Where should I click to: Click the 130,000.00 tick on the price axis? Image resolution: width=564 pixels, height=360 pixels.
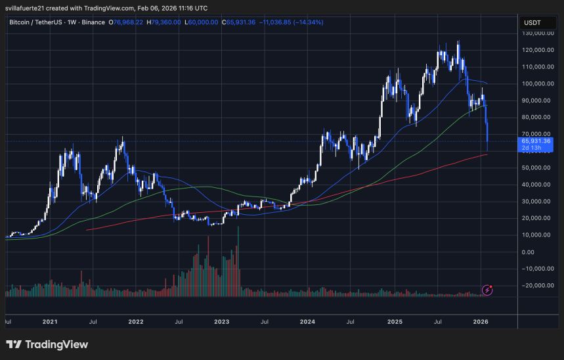point(535,33)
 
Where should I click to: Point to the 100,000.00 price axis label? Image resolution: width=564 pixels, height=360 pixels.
point(535,83)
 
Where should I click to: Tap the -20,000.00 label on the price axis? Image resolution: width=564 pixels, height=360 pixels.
point(535,285)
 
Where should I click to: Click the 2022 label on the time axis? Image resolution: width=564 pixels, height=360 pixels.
point(136,323)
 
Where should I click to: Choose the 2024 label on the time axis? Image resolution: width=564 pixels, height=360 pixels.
point(308,323)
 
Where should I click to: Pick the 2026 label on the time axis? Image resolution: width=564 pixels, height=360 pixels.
point(481,323)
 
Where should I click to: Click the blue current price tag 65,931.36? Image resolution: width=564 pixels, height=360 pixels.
point(536,141)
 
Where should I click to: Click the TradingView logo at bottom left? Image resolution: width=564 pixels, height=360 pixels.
point(47,344)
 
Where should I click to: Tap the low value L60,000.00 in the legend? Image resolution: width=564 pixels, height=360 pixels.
point(204,22)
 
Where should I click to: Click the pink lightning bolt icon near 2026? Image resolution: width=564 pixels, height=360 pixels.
point(488,289)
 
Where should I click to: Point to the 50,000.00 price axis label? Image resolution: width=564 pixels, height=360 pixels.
point(535,168)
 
